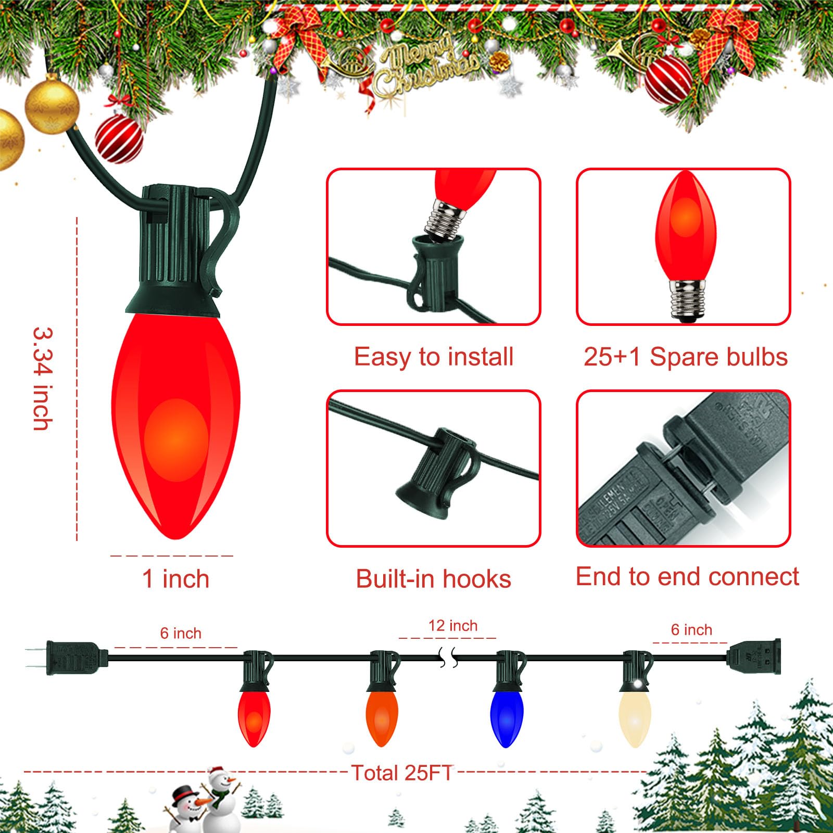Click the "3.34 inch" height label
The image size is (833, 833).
(x=43, y=378)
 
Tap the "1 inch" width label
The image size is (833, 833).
(x=176, y=579)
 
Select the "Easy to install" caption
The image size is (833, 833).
(x=434, y=357)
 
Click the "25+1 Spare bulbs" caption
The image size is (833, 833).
(x=685, y=357)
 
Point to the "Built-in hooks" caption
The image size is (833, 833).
(x=433, y=579)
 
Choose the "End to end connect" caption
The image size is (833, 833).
(x=687, y=577)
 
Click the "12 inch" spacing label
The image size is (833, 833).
(x=452, y=626)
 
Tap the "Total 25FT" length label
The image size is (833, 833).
(x=402, y=773)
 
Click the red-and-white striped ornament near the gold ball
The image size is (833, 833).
(x=119, y=138)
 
